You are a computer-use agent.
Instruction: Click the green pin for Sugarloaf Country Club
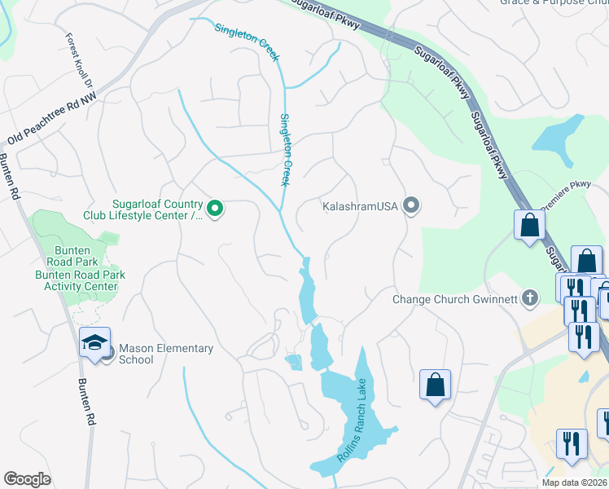215,209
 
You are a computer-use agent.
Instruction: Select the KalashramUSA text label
359,206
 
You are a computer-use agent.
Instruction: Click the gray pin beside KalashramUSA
411,205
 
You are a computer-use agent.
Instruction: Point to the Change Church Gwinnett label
454,298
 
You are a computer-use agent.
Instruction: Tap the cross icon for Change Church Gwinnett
530,297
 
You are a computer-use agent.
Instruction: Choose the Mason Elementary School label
166,354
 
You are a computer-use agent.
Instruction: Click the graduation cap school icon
94,341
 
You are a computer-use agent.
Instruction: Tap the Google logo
27,479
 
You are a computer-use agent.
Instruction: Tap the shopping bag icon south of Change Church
435,384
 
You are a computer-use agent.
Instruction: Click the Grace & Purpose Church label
554,2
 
